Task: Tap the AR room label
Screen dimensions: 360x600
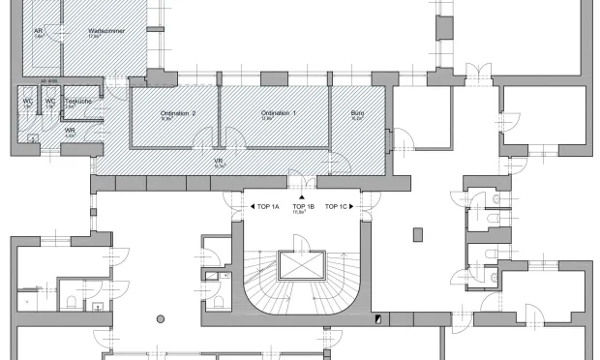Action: tap(39, 31)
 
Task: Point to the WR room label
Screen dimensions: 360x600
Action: tap(70, 130)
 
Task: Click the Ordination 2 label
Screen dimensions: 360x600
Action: tap(178, 113)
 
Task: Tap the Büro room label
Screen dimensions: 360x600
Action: tap(357, 113)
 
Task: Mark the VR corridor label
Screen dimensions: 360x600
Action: tap(219, 161)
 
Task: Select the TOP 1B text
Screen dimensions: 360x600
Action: tap(303, 207)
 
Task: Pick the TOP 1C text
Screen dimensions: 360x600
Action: tap(336, 207)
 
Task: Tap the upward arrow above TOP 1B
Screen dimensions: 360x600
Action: tap(303, 196)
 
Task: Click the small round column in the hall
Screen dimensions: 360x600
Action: tap(161, 318)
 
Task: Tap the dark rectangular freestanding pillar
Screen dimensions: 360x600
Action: tap(418, 233)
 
